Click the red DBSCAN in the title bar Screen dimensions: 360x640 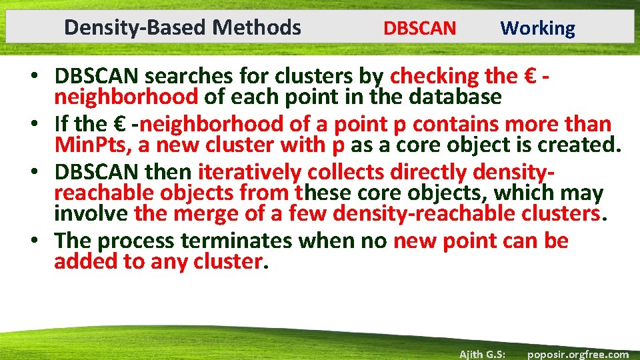(419, 29)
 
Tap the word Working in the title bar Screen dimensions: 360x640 (537, 29)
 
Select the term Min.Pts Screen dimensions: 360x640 (93, 145)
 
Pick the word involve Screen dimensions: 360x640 (91, 213)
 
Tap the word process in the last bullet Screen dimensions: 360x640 (130, 241)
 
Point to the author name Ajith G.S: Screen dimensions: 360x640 (481, 354)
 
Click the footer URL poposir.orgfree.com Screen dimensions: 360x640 (577, 354)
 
